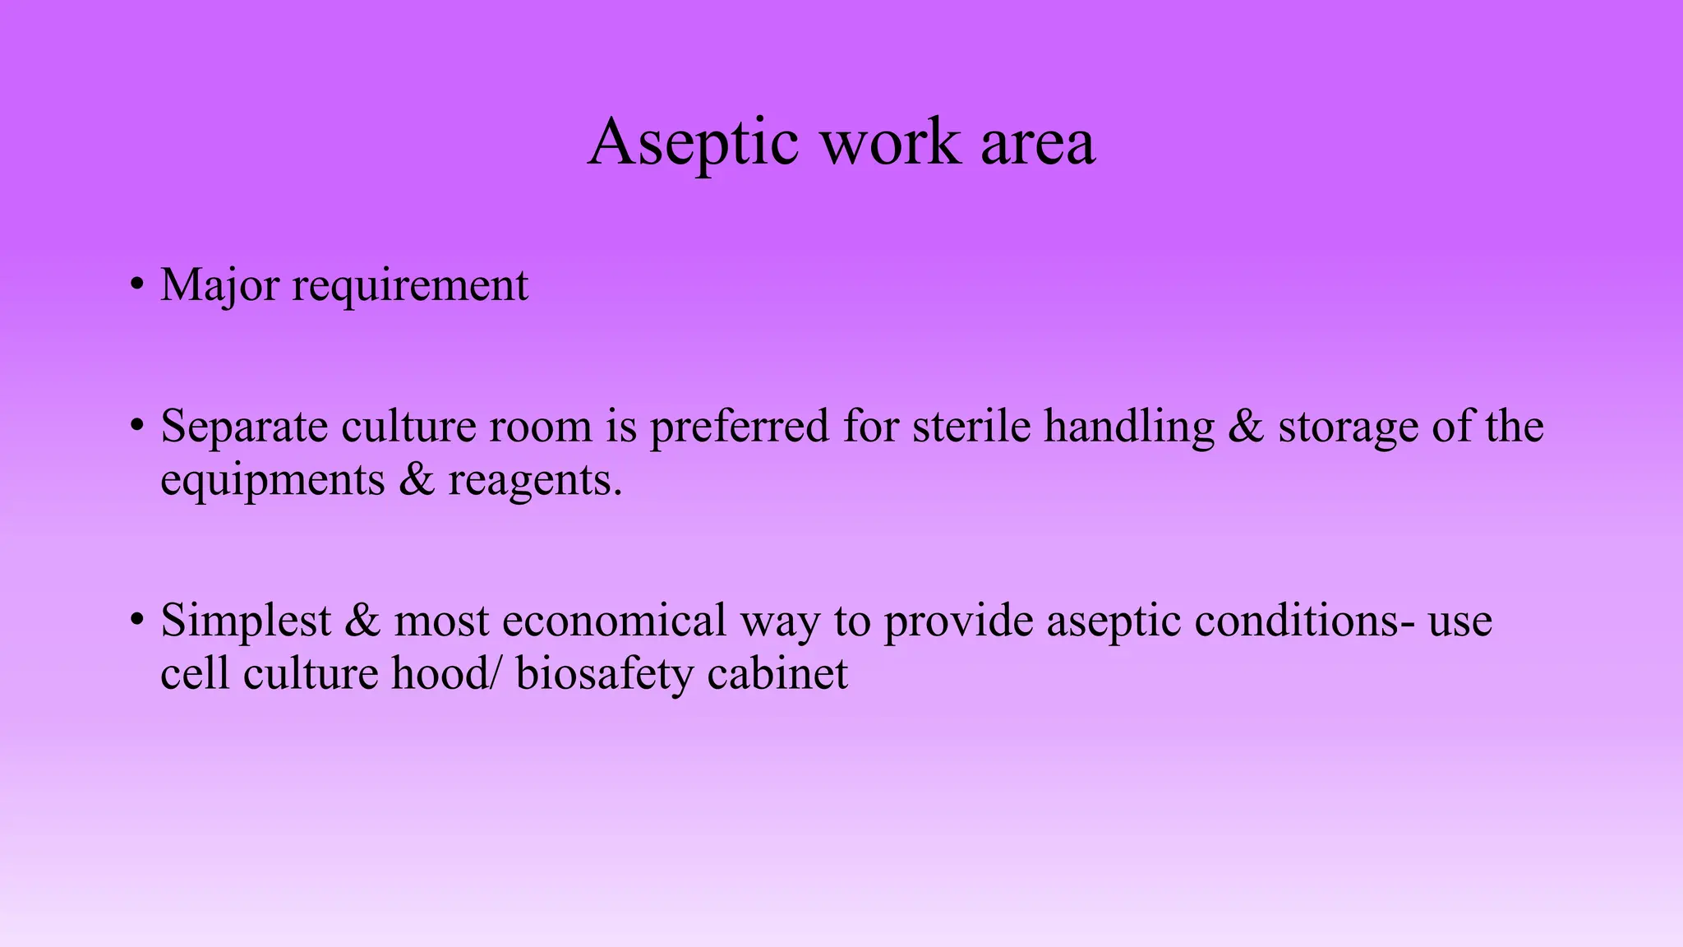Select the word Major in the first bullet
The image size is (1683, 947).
(219, 286)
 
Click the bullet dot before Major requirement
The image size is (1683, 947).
(136, 285)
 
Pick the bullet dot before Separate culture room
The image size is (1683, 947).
(136, 427)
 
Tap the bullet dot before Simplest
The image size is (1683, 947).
(136, 621)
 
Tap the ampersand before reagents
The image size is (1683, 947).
(417, 480)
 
